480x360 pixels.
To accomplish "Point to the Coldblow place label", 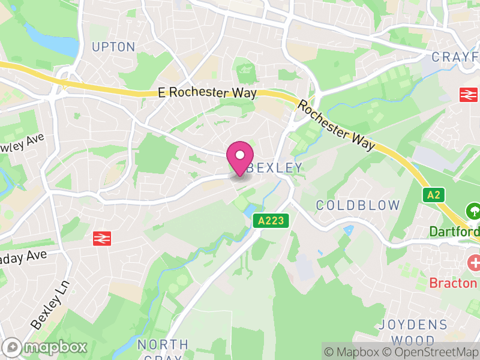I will pos(358,205).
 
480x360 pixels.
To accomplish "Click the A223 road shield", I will pos(270,221).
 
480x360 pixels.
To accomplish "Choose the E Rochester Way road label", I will pos(207,93).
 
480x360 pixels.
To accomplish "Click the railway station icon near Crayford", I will pos(468,94).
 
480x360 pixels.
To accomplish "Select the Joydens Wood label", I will pos(413,332).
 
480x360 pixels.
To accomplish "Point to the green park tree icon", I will pos(473,211).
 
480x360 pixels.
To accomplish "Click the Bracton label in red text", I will pos(454,283).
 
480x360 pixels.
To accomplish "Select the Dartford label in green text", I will pos(454,232).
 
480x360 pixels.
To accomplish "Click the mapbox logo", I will pos(46,347).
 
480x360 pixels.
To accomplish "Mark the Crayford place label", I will pos(455,57).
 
